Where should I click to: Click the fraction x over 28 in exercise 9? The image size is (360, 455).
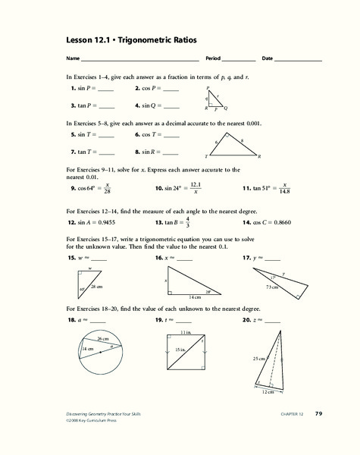(x=108, y=187)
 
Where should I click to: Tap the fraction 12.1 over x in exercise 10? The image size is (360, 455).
(x=195, y=187)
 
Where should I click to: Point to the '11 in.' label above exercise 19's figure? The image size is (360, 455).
(x=188, y=334)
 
